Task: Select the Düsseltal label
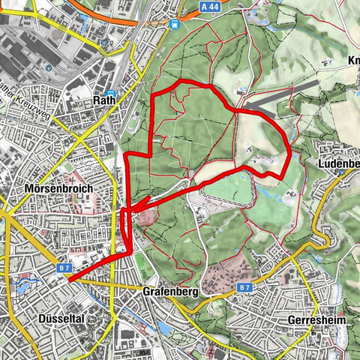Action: coord(58,318)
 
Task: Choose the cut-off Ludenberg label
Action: coord(341,163)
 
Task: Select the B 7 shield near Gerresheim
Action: coord(244,287)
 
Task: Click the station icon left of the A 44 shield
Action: coord(174,23)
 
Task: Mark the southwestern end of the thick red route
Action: coord(68,280)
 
